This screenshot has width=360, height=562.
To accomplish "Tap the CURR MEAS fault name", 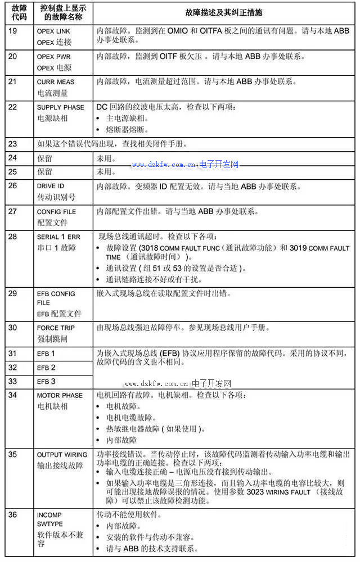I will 56,81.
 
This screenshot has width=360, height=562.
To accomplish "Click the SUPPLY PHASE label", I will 61,107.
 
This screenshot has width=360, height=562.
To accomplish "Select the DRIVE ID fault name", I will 51,186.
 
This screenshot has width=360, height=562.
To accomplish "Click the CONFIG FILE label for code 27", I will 56,212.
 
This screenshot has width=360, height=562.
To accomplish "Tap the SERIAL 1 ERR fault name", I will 60,237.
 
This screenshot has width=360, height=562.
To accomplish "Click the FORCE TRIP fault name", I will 56,328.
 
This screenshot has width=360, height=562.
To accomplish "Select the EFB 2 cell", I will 46,368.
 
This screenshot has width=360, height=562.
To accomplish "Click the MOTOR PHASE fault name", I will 60,395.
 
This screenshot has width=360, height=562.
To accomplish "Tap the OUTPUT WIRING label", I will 62,455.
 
